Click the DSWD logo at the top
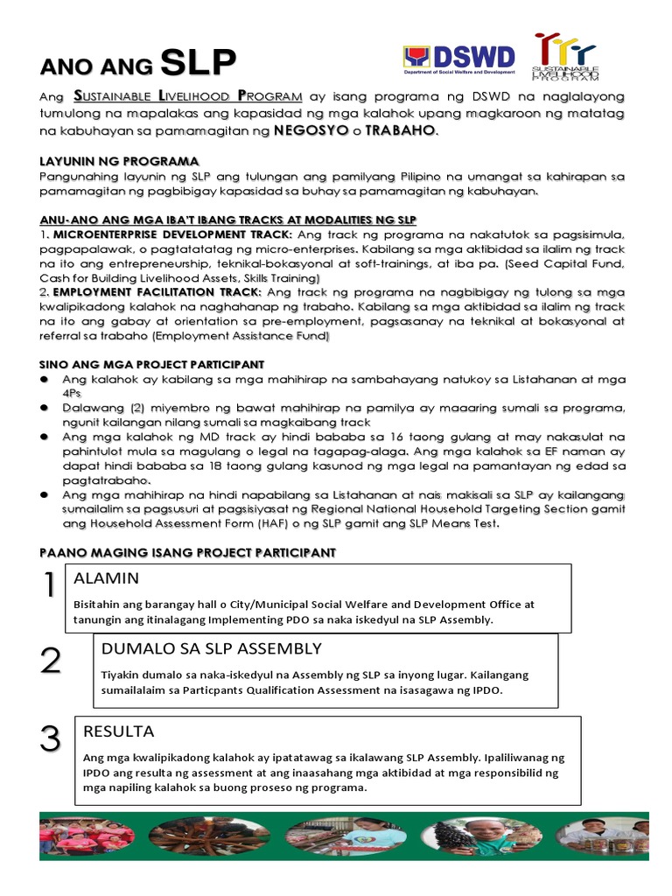[459, 58]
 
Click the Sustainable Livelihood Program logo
[566, 58]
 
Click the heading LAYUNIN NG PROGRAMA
[119, 162]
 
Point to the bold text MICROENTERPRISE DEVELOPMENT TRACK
[172, 234]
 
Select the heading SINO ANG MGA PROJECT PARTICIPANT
[152, 363]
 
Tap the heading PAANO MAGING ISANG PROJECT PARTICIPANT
[187, 552]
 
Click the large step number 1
[50, 585]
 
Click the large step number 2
[51, 661]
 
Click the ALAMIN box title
[107, 578]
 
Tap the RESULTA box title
[118, 731]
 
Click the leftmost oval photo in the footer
[87, 836]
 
